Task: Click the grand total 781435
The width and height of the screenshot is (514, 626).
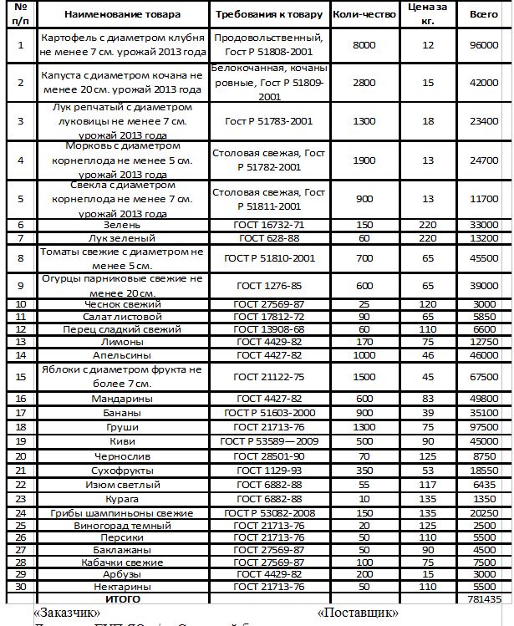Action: (485, 599)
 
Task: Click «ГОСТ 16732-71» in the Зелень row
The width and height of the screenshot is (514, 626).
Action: (269, 226)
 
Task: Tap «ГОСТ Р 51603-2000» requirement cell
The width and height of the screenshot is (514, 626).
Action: (269, 412)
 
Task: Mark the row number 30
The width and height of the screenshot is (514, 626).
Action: (21, 588)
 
